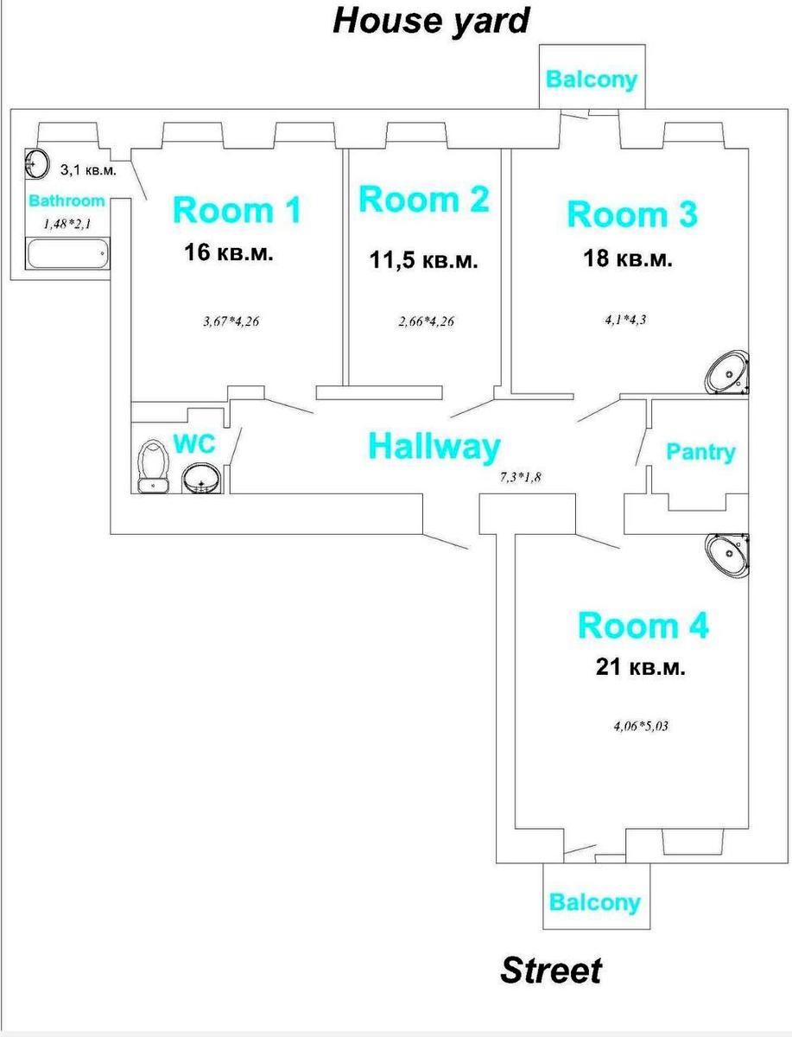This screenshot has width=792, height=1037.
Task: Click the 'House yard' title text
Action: (x=431, y=22)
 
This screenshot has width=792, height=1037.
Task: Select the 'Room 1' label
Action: (x=237, y=209)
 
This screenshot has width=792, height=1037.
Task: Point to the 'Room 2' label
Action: (x=424, y=199)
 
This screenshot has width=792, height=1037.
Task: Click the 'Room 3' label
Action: (x=632, y=213)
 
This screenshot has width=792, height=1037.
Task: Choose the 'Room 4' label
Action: (x=643, y=626)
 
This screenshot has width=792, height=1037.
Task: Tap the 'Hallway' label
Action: (x=434, y=446)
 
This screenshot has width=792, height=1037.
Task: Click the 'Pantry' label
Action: (x=700, y=452)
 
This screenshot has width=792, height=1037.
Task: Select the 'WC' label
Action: (x=194, y=443)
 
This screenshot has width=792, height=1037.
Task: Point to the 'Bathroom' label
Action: (x=67, y=200)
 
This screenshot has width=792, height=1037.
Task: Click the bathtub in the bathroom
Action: (x=67, y=254)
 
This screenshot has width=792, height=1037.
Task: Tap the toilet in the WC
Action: (x=153, y=467)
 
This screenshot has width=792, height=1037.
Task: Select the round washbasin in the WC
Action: (x=201, y=479)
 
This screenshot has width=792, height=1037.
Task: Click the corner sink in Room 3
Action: (x=727, y=372)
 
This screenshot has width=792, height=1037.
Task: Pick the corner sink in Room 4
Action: (x=727, y=556)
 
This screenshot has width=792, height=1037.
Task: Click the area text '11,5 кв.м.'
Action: (x=423, y=260)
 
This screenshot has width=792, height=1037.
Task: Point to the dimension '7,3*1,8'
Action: (x=521, y=477)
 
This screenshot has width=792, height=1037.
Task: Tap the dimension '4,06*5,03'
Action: (x=641, y=726)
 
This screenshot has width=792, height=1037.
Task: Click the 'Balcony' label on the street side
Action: (x=595, y=902)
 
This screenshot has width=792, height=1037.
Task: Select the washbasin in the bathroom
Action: (x=36, y=164)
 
